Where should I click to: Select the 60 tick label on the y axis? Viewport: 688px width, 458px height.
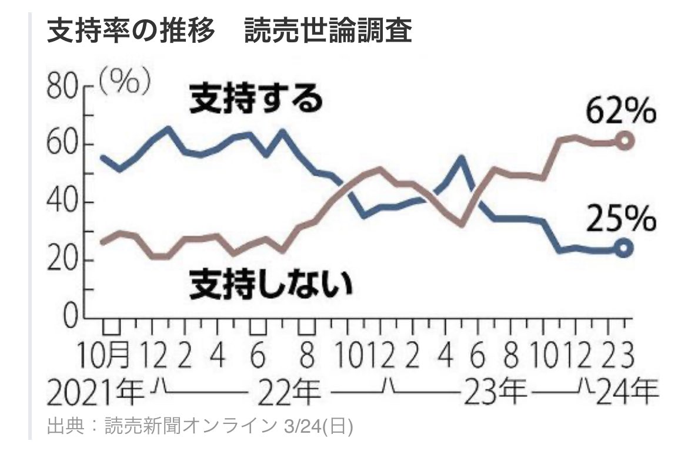[62, 145]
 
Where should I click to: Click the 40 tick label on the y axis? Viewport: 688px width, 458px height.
[62, 203]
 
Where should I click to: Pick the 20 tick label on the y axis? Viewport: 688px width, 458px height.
[62, 261]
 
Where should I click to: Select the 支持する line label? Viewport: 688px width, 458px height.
[256, 99]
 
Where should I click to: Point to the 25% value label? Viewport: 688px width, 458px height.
[620, 221]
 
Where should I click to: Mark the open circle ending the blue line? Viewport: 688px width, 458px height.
[626, 248]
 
